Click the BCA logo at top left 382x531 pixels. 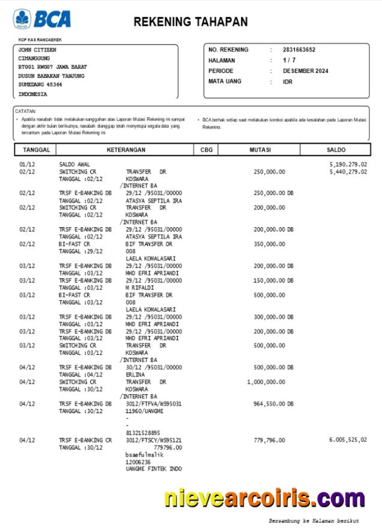coord(42,19)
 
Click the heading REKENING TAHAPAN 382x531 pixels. coord(190,22)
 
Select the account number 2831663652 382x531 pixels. coord(299,50)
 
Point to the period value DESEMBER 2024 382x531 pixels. coord(306,71)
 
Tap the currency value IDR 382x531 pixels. coord(288,82)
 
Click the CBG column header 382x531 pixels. coord(206,150)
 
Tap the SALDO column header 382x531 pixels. coord(336,150)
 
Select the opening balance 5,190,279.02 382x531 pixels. coord(348,164)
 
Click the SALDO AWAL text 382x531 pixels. coord(75,164)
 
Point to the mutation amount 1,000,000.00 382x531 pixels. coord(265,382)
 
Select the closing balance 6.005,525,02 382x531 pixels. coord(348,440)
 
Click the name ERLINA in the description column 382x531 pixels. coord(135,375)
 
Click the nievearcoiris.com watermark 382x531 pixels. coord(264,498)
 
